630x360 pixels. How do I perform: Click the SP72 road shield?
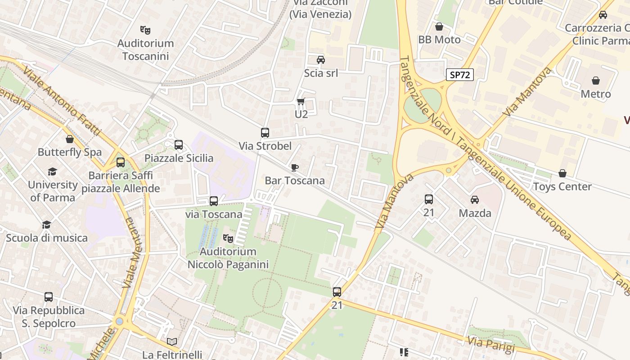click(460, 75)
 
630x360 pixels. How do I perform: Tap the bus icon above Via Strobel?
click(265, 133)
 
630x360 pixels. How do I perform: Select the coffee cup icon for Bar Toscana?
click(295, 168)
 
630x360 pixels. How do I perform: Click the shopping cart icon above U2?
click(301, 102)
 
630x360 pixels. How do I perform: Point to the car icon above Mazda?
click(475, 200)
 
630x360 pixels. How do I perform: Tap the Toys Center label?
click(562, 186)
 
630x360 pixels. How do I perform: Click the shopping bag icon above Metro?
click(596, 81)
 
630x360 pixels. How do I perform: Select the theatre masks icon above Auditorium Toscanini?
click(145, 30)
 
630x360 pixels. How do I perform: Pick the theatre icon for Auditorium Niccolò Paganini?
click(228, 238)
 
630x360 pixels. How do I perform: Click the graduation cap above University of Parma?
click(53, 171)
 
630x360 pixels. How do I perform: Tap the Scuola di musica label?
click(47, 238)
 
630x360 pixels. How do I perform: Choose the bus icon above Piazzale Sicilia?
click(179, 145)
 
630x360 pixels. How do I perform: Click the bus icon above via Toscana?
click(214, 201)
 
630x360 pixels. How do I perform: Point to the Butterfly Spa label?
click(70, 152)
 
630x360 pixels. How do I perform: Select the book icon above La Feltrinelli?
click(172, 342)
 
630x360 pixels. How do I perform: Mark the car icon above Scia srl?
click(321, 60)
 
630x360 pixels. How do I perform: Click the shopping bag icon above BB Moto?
click(439, 27)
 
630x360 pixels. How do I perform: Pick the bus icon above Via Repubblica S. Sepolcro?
click(49, 297)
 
